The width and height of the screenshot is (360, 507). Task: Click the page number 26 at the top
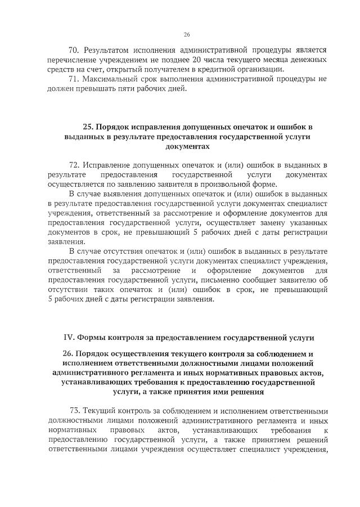[187, 34]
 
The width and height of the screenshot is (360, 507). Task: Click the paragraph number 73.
[75, 411]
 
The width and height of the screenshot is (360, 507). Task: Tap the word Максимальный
[112, 79]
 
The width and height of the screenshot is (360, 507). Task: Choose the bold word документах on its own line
[187, 146]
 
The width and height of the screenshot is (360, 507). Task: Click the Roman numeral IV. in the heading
[69, 338]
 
